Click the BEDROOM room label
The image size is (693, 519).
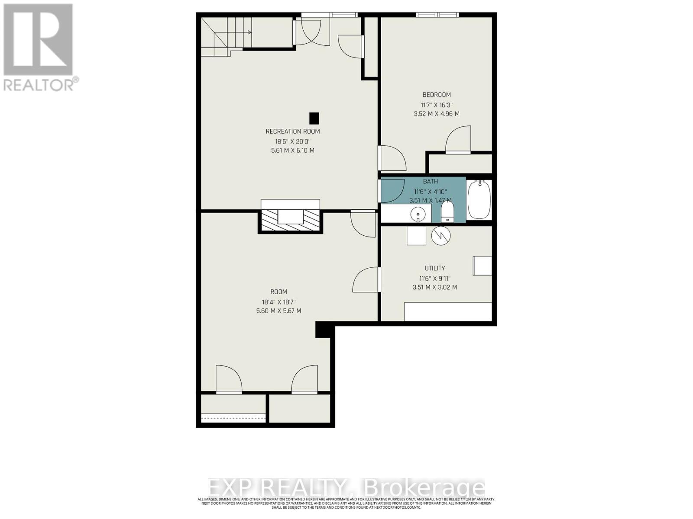tap(437, 95)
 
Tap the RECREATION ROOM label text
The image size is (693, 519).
tap(293, 131)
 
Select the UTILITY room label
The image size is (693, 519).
tap(435, 268)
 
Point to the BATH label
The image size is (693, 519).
tap(431, 182)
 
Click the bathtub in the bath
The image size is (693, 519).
tap(479, 200)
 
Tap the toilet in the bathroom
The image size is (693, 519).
tap(447, 212)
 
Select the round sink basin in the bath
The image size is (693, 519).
tap(418, 214)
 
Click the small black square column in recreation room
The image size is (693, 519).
tap(314, 118)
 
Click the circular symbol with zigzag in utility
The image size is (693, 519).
tap(441, 236)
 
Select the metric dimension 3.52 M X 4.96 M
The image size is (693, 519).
tap(437, 114)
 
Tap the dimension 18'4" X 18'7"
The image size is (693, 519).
tap(278, 302)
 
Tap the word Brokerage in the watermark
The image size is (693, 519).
tap(424, 488)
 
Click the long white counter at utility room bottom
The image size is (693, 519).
tap(448, 311)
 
